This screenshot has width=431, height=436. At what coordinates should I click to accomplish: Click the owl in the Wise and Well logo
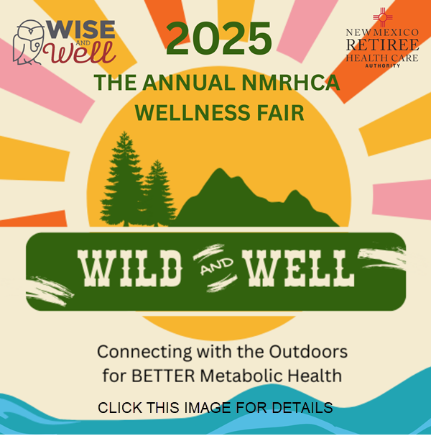coord(28,42)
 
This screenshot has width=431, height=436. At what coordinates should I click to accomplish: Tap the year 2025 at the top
coord(219,38)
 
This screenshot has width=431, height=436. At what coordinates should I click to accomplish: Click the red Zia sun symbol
coord(382,17)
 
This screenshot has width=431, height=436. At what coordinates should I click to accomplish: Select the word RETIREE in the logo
coord(382,45)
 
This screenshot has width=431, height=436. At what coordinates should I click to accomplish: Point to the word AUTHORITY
coord(382,66)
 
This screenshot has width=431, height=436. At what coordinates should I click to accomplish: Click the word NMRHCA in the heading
coord(290,82)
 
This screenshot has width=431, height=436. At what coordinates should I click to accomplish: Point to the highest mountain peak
coord(220,169)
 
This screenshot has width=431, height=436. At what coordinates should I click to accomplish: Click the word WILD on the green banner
coord(129,268)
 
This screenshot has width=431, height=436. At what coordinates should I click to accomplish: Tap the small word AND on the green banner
coord(217,265)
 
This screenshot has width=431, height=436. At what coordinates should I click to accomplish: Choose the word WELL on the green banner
coord(298,268)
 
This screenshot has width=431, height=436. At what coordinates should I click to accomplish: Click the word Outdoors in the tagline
coord(308,352)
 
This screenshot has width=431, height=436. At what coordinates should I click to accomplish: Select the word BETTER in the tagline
coord(163,376)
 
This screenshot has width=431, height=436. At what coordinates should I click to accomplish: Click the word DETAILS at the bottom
coord(302,408)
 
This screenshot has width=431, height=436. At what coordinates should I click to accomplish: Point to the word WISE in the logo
coord(81,29)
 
